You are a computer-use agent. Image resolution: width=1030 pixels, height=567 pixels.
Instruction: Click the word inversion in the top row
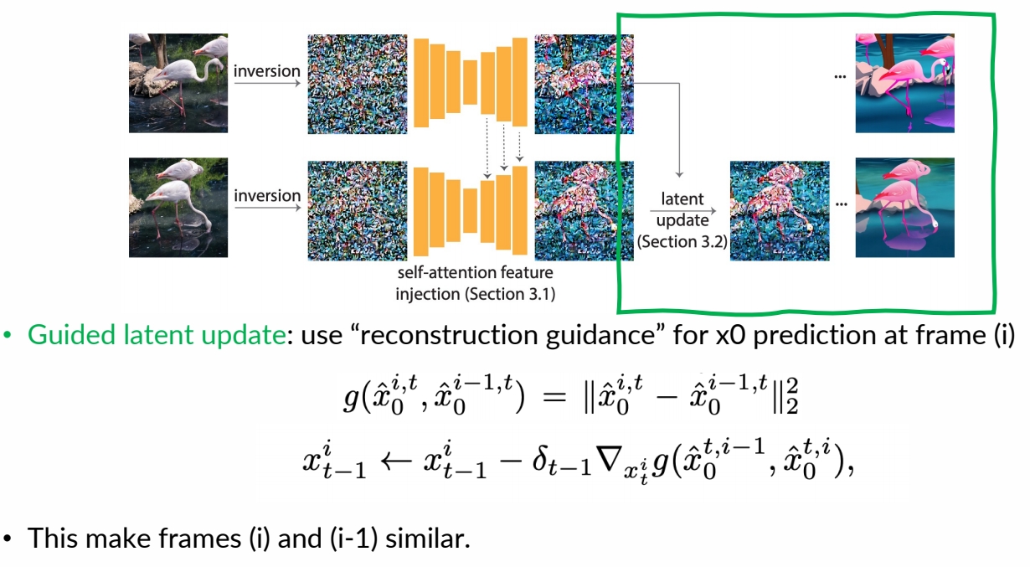click(x=266, y=70)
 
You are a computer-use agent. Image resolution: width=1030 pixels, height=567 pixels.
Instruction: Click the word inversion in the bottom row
click(x=266, y=195)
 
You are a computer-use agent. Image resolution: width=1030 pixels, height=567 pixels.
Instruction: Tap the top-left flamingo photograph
click(x=178, y=83)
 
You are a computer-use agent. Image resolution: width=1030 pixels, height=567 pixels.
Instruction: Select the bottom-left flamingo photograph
click(x=178, y=207)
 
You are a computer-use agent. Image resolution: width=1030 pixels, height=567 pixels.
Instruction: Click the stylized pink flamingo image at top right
click(x=904, y=83)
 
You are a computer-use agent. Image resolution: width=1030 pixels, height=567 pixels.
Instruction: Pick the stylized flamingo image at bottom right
click(x=904, y=207)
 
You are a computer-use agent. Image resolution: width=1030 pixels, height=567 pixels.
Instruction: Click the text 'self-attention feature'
click(x=475, y=273)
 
